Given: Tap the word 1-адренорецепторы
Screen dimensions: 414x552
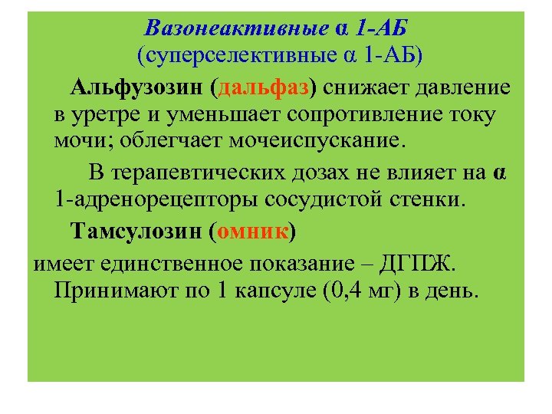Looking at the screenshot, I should point(156,201).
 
